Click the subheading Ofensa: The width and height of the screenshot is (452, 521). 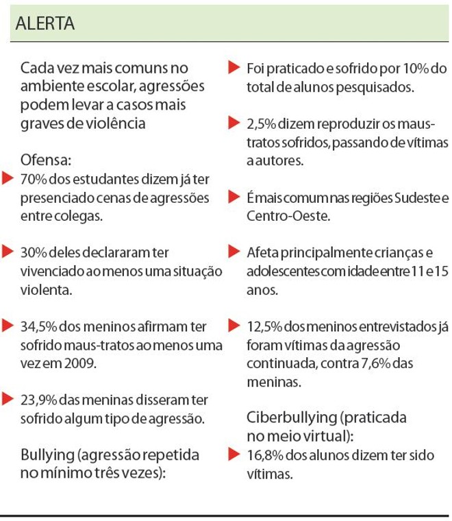coord(47,161)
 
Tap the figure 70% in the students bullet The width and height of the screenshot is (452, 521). coord(33,180)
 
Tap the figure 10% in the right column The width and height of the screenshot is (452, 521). coord(432,69)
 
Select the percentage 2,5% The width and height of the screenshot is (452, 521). coord(260,125)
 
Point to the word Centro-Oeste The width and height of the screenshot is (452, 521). coord(280,217)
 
